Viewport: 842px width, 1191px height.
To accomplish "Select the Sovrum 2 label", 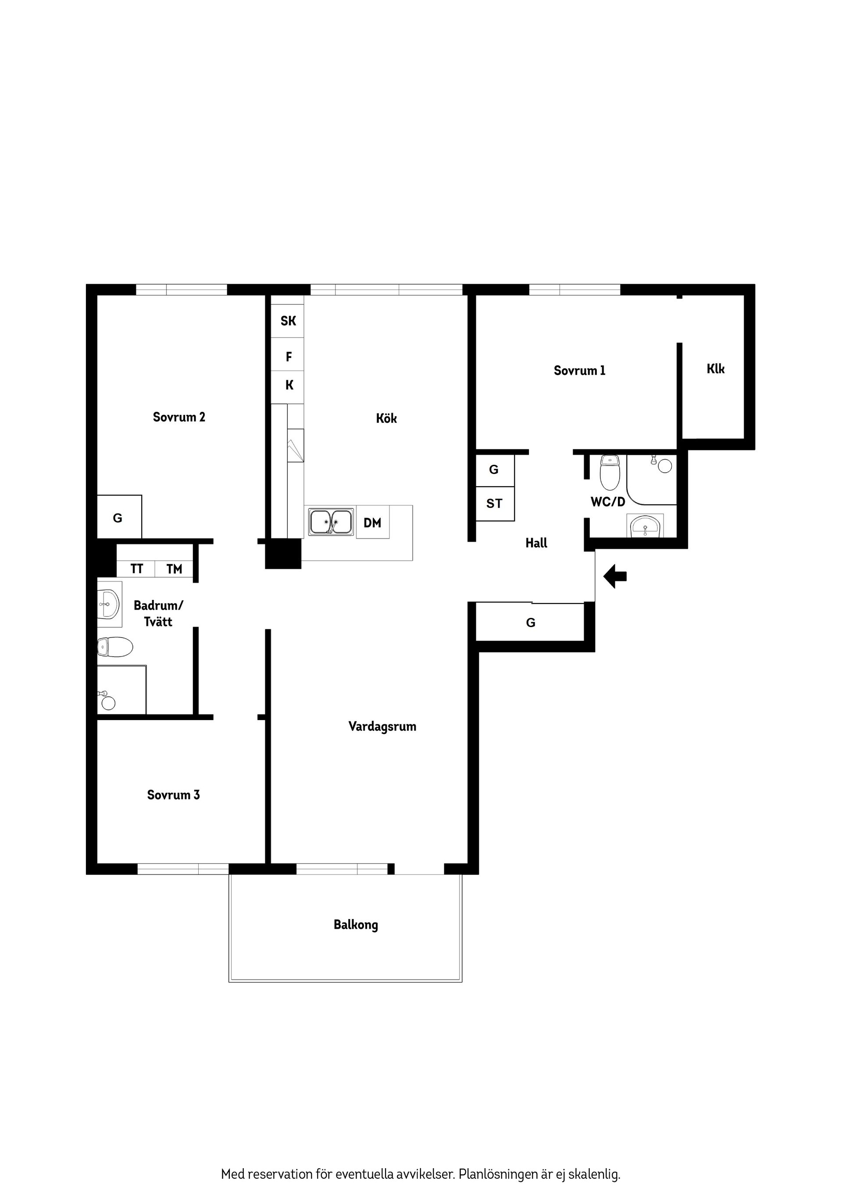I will (x=179, y=417).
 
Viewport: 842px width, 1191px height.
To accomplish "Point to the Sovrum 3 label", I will (x=173, y=795).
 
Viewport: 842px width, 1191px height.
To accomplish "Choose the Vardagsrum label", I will (x=382, y=726).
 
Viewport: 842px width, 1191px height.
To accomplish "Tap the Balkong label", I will (x=356, y=924).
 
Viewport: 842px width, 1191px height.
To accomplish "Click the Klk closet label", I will (x=715, y=369).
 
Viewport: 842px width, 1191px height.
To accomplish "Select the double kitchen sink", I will (x=331, y=522).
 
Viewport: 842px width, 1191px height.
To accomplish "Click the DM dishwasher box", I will (x=372, y=523).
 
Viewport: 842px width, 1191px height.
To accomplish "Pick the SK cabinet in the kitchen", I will (x=288, y=321).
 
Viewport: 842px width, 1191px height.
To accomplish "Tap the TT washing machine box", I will (x=136, y=569).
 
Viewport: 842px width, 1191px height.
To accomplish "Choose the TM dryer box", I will (x=174, y=569).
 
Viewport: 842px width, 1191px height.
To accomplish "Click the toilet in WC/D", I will (x=610, y=471).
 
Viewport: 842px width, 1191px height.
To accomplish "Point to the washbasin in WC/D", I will (x=645, y=527).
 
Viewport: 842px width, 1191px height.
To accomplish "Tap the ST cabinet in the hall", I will (x=494, y=504).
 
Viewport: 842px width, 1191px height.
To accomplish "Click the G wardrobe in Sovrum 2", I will (x=119, y=518).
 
